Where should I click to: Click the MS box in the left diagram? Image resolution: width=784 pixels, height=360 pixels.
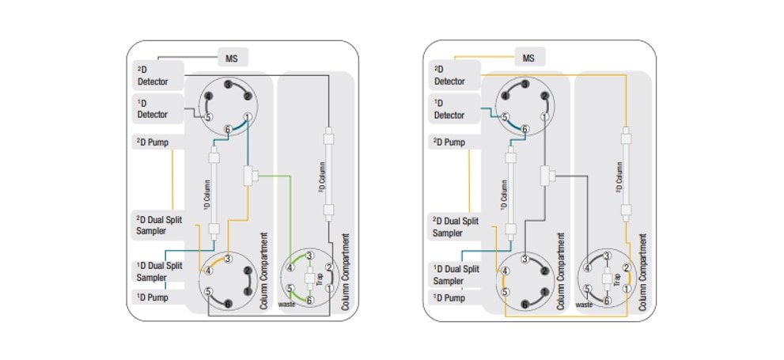tap(233, 58)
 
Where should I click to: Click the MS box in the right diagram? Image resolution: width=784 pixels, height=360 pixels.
tap(529, 58)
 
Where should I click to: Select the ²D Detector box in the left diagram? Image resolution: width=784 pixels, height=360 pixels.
tap(157, 75)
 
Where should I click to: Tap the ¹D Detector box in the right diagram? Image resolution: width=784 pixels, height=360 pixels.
tap(455, 109)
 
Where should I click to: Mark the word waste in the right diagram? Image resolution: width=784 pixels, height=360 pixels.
tap(585, 304)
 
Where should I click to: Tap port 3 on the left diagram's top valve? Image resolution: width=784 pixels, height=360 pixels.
tap(228, 85)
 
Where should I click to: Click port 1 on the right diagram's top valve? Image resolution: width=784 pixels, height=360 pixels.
tap(544, 117)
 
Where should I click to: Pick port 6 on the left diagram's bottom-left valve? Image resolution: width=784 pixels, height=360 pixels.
tap(228, 304)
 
